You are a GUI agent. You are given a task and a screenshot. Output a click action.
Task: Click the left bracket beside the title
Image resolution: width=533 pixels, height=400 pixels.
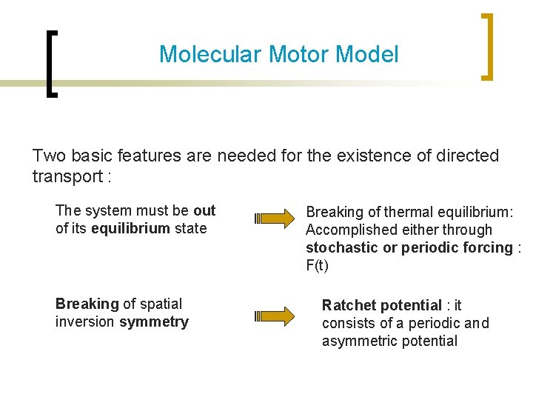click(x=49, y=63)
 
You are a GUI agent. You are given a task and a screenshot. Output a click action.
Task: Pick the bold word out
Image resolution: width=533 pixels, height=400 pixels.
click(x=204, y=210)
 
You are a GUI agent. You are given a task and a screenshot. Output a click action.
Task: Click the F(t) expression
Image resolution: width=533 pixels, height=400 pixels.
click(x=317, y=265)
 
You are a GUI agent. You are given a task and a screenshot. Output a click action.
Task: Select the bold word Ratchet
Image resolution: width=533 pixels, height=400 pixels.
click(x=349, y=305)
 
